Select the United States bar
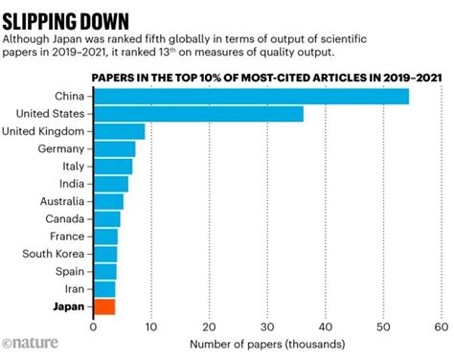pos(198,114)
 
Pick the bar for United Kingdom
pos(119,131)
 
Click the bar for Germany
pos(114,148)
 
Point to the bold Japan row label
pos(70,306)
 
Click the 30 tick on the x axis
pos(267,326)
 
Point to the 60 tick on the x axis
pos(441,326)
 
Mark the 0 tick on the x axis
pos(93,326)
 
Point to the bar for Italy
pos(112,167)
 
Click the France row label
pos(69,236)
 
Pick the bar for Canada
pos(106,219)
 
